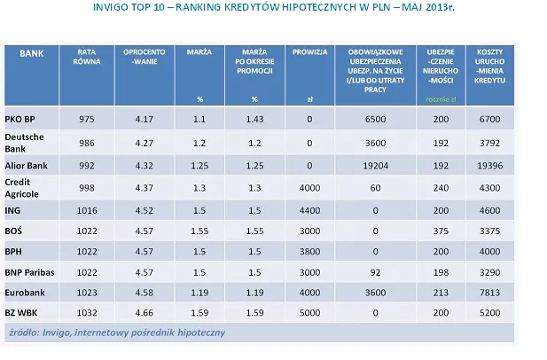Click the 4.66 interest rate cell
pos(142,314)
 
